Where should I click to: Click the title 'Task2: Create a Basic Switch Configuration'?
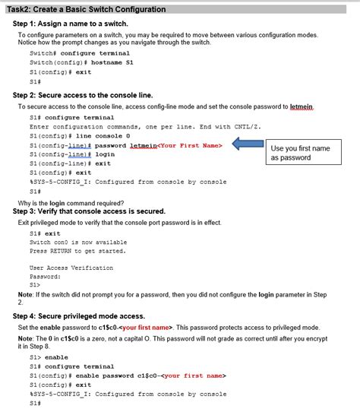pos(86,9)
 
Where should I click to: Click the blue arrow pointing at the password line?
pos(247,144)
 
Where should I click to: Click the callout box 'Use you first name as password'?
pos(300,153)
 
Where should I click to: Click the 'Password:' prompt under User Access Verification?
pos(45,277)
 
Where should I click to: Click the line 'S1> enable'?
pos(49,357)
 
